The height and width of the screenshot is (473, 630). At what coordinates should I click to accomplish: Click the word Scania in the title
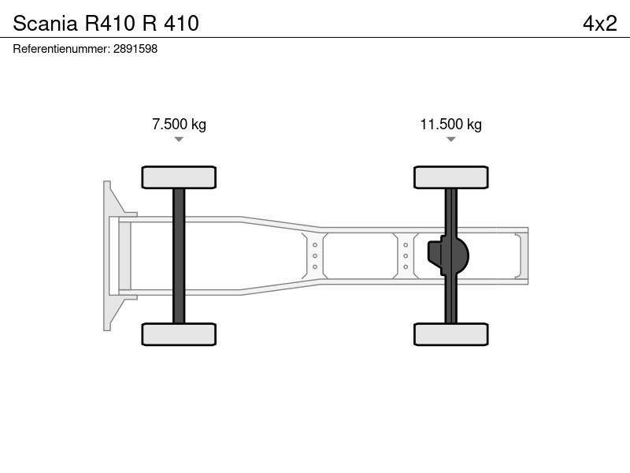pos(45,24)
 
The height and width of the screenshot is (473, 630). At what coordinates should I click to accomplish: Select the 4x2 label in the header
pos(600,24)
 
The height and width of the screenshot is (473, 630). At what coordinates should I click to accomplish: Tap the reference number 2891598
pos(135,49)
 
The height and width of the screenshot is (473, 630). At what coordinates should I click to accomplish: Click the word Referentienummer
pos(61,49)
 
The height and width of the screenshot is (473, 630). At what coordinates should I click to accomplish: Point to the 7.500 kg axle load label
pos(180,125)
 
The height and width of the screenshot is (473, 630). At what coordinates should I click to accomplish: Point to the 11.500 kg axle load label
pos(450,125)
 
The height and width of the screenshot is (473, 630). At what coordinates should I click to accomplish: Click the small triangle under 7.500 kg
pos(179,140)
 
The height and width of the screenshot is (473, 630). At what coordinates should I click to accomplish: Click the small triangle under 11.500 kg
pos(450,140)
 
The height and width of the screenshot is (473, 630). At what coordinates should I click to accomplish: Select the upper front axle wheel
pos(179,177)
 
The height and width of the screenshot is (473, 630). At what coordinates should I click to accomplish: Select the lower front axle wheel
pos(179,334)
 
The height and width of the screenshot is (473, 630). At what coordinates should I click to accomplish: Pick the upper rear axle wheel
pos(450,177)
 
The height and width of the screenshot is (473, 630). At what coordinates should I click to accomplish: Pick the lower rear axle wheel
pos(450,334)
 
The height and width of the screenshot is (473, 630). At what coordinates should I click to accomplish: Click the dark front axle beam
pos(179,255)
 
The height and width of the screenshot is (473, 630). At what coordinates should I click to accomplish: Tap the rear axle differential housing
pos(448,255)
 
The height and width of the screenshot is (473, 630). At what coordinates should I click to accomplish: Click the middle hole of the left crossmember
pos(314,255)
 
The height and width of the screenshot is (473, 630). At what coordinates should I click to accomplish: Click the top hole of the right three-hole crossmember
pos(406,245)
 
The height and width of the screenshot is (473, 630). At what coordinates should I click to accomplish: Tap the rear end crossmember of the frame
pos(521,255)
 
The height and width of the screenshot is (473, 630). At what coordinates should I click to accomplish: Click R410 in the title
pos(109,24)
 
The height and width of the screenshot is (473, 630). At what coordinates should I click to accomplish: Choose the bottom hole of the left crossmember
pos(314,266)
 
